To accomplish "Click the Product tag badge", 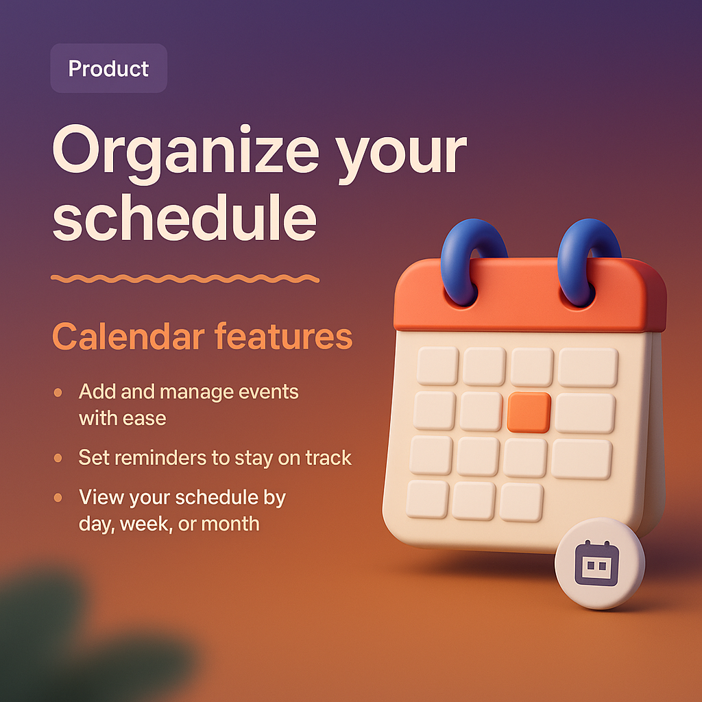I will click(x=108, y=69).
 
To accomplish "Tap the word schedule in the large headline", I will click(x=184, y=219).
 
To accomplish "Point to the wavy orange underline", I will click(x=185, y=278).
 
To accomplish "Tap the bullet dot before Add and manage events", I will click(x=58, y=393).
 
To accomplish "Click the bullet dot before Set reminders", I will click(x=58, y=457).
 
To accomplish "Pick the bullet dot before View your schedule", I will click(x=58, y=498).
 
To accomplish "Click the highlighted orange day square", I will click(x=529, y=412).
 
